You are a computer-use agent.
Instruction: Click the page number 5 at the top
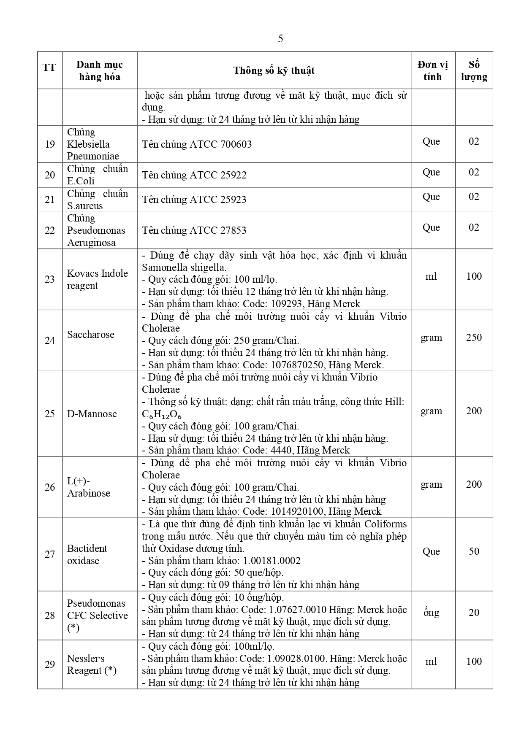pyautogui.click(x=280, y=39)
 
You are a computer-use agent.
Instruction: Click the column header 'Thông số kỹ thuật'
pyautogui.click(x=274, y=70)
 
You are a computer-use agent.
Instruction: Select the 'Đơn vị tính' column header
pyautogui.click(x=432, y=70)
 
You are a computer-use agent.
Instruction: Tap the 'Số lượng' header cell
pyautogui.click(x=474, y=70)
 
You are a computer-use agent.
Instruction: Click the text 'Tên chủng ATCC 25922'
pyautogui.click(x=194, y=175)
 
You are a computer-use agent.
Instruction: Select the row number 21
pyautogui.click(x=50, y=200)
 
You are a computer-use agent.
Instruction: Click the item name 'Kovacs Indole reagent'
pyautogui.click(x=97, y=279)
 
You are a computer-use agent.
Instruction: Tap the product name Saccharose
pyautogui.click(x=90, y=335)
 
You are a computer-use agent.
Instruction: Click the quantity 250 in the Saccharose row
pyautogui.click(x=474, y=338)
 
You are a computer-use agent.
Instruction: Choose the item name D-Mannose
pyautogui.click(x=92, y=414)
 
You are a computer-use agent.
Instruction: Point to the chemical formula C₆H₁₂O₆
pyautogui.click(x=162, y=414)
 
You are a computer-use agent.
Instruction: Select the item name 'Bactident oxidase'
pyautogui.click(x=87, y=554)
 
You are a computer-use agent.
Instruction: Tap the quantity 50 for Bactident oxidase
pyautogui.click(x=474, y=551)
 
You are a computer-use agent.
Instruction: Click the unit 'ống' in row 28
pyautogui.click(x=431, y=613)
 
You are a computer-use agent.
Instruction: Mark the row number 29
pyautogui.click(x=50, y=664)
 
